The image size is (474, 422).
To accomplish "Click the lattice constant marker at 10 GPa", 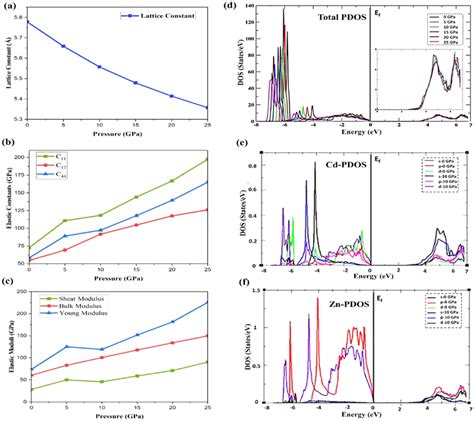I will pyautogui.click(x=99, y=67).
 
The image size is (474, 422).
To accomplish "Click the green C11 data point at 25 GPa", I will pyautogui.click(x=207, y=159).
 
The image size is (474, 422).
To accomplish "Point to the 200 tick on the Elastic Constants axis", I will pyautogui.click(x=17, y=159).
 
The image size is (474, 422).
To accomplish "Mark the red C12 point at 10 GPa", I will pyautogui.click(x=99, y=234).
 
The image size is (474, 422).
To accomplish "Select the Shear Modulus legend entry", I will pyautogui.click(x=70, y=297).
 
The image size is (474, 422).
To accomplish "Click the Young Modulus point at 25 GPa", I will pyautogui.click(x=207, y=302).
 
